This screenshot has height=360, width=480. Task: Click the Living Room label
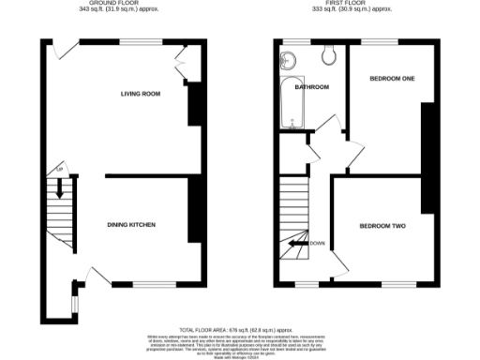point(141,94)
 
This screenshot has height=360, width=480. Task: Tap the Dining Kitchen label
point(130,225)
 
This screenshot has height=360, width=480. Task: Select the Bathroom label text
point(312,87)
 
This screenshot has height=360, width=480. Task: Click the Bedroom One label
point(392,78)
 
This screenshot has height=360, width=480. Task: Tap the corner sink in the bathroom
point(287,62)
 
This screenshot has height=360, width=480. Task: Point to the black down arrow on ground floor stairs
point(59,187)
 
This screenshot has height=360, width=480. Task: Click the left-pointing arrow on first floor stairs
point(298,244)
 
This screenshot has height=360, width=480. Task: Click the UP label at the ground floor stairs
point(58,169)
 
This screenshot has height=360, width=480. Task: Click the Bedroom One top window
point(377,41)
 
